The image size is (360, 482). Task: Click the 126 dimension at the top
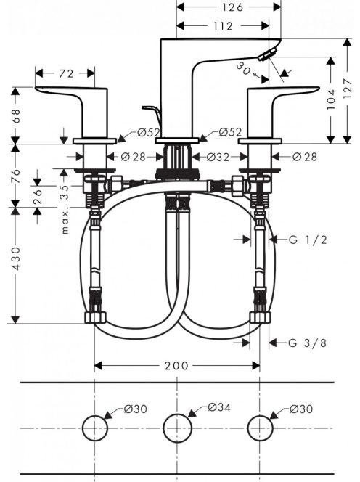click(x=232, y=7)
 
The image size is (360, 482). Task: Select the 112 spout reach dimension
click(x=223, y=26)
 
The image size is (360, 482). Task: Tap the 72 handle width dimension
click(x=66, y=73)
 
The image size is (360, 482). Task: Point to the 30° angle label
click(x=245, y=70)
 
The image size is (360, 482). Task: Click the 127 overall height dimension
click(x=347, y=89)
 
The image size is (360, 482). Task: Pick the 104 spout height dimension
click(x=331, y=99)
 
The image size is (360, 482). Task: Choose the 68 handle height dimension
click(x=16, y=115)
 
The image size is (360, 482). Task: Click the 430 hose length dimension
click(x=16, y=258)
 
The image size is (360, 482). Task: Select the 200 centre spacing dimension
click(x=176, y=366)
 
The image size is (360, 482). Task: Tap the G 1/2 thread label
click(x=308, y=240)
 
